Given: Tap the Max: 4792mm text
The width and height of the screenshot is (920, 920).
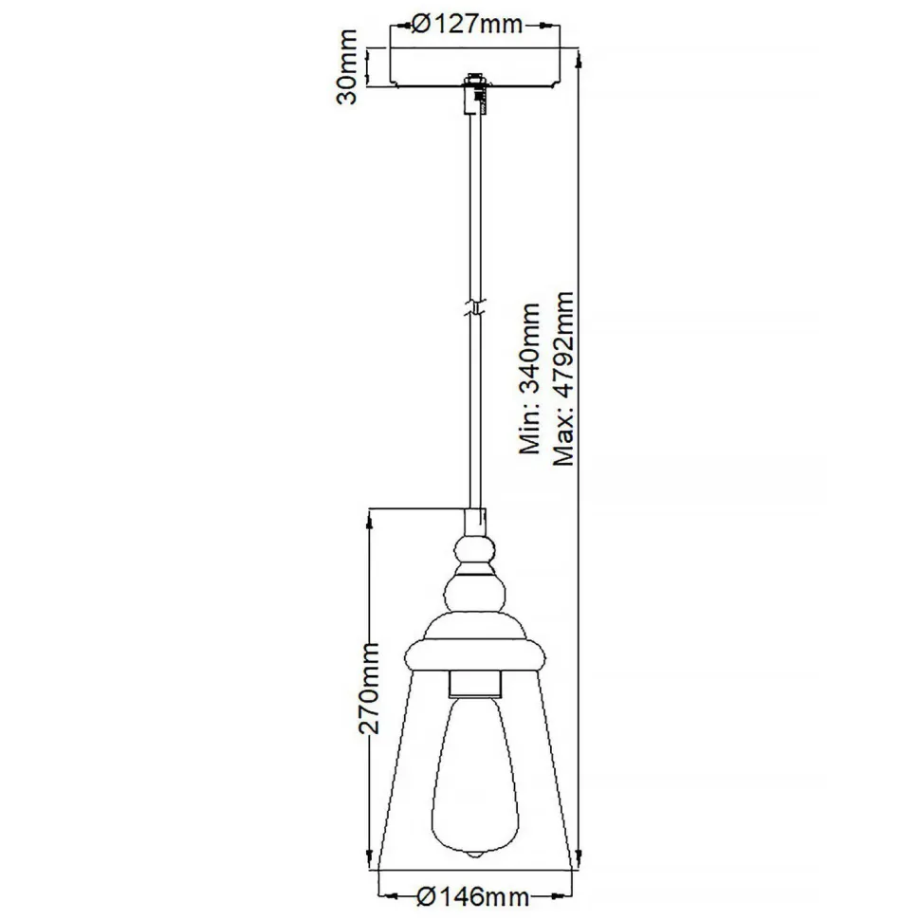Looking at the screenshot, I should (564, 379).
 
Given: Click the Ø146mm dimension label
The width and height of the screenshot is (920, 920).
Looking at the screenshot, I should (471, 894).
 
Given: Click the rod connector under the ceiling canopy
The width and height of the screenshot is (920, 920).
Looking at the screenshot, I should (473, 95).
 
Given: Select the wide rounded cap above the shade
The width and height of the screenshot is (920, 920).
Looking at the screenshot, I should (473, 653).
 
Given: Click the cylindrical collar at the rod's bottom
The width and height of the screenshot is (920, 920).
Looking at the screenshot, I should (473, 521).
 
